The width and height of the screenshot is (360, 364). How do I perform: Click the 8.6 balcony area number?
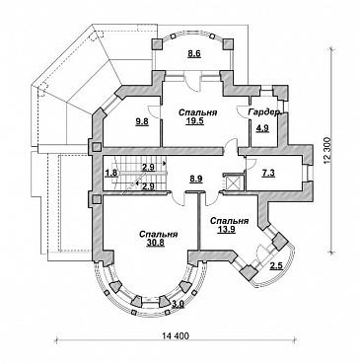point(194,54)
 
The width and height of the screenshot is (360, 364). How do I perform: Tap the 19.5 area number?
point(197,121)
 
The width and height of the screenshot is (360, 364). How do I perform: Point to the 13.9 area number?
point(226,230)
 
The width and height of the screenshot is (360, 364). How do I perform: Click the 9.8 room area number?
point(142,122)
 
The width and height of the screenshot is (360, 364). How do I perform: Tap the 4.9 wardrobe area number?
point(262,128)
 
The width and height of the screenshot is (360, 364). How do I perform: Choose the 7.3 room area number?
point(268,173)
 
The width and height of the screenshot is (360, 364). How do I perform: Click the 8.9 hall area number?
point(196,179)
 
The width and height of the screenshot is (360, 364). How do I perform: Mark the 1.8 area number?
point(111,173)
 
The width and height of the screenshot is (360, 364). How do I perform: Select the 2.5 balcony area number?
point(276,266)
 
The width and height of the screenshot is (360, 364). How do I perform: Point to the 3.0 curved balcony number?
point(178,304)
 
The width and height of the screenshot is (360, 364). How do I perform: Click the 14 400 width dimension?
point(176,336)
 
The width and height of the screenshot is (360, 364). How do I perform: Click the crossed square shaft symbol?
point(233,182)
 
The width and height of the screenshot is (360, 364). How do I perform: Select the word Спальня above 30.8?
point(159,235)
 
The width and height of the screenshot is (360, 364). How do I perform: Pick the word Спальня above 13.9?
point(229,221)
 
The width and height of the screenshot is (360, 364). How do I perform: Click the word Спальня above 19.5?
point(197,112)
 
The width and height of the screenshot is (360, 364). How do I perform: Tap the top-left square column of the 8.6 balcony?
point(157,43)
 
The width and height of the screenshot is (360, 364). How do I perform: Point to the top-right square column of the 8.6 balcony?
point(228,43)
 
